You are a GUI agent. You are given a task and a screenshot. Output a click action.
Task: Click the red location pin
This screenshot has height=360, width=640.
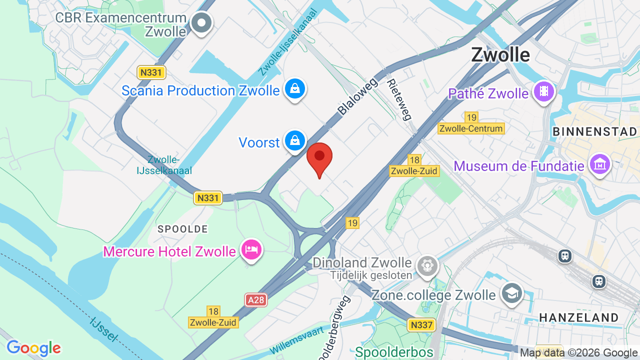[319, 157]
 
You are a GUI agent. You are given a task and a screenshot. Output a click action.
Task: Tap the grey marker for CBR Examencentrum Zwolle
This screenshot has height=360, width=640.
[202, 22]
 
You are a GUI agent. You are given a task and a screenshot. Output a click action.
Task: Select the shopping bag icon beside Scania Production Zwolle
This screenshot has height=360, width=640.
[295, 89]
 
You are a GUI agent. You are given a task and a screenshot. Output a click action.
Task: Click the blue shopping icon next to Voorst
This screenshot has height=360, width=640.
[295, 141]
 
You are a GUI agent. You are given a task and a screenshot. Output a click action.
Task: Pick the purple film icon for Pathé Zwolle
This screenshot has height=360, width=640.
[543, 92]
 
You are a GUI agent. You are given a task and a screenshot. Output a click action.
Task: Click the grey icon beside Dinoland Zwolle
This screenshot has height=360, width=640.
[427, 265]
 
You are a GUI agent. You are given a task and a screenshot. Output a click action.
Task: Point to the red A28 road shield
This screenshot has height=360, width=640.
[256, 300]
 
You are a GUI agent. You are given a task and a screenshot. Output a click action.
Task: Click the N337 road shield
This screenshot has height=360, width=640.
[421, 325]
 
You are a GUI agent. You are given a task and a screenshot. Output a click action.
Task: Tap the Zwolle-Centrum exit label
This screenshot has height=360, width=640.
[471, 128]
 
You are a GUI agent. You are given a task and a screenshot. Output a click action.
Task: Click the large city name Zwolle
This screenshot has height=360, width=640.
[500, 54]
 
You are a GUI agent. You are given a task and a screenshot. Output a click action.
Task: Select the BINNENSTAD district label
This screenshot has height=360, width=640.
[594, 131]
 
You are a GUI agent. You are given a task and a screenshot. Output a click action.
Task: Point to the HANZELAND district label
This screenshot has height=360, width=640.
[578, 317]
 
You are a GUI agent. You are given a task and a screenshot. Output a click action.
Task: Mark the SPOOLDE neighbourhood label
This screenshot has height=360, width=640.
[182, 229]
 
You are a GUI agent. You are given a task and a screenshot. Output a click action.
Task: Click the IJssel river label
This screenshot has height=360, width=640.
[103, 328]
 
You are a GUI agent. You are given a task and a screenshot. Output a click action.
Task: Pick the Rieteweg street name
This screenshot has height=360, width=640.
[399, 99]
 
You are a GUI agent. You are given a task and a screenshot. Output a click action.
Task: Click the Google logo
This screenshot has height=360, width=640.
[33, 348]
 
